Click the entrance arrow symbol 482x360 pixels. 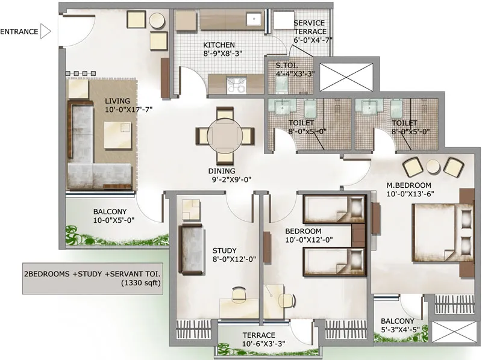pos(45,31)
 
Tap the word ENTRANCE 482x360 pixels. pos(19,32)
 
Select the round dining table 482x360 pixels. pos(225,136)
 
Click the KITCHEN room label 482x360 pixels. pos(219,45)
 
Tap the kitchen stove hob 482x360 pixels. pos(236,85)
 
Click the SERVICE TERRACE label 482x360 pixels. pos(310,27)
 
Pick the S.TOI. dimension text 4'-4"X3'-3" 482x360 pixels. pos(295,74)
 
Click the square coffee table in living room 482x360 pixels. pos(117,135)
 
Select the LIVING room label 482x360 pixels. pos(117,101)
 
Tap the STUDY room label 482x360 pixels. pos(224,250)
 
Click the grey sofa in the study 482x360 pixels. pos(191,249)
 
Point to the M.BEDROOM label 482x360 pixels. pos(409,185)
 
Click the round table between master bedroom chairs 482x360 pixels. pos(433,167)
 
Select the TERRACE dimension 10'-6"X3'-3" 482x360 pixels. pos(263,344)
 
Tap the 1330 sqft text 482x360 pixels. pos(141,282)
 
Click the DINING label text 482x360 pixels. pos(222,171)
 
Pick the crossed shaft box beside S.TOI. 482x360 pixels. pos(346,77)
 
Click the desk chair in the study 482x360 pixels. pos(239,294)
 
